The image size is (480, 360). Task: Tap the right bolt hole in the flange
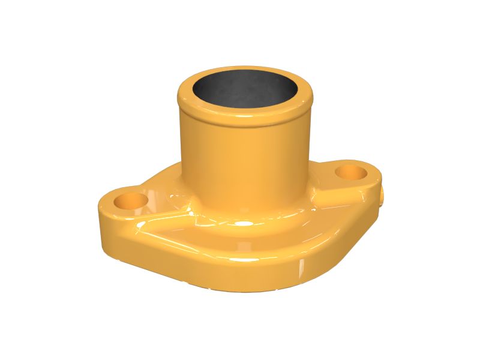click(351, 173)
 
